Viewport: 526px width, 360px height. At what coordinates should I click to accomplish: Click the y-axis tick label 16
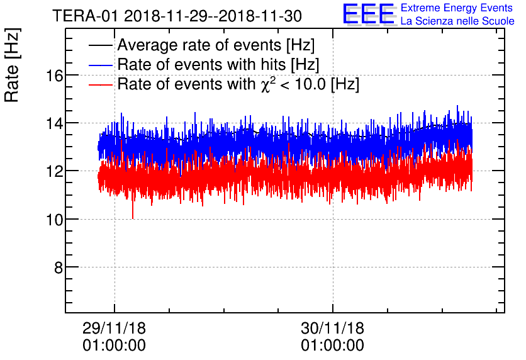point(54,75)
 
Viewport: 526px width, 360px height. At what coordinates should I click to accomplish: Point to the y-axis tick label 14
point(54,123)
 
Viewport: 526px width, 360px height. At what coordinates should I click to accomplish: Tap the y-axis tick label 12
point(54,171)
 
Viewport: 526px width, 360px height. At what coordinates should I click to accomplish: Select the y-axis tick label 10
point(54,219)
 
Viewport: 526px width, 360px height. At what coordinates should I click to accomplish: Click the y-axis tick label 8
point(58,267)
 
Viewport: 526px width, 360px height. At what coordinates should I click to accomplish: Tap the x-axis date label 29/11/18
point(114,328)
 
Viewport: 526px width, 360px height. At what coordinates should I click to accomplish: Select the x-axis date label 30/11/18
point(332,328)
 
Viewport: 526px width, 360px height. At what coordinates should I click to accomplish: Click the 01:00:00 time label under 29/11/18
point(114,346)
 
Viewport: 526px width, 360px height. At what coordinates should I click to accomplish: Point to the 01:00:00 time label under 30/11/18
point(332,346)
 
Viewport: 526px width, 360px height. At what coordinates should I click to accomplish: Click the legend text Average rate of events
point(216,46)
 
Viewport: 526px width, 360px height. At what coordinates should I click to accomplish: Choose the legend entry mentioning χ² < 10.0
point(238,84)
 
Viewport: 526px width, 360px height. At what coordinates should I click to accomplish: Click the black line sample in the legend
point(101,46)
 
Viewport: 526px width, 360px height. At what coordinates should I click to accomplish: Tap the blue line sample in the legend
point(101,65)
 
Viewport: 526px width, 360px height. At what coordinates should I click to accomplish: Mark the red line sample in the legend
point(101,84)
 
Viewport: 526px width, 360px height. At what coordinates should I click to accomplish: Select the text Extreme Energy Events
point(457,8)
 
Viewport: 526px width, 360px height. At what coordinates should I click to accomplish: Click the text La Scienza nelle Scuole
point(457,21)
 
